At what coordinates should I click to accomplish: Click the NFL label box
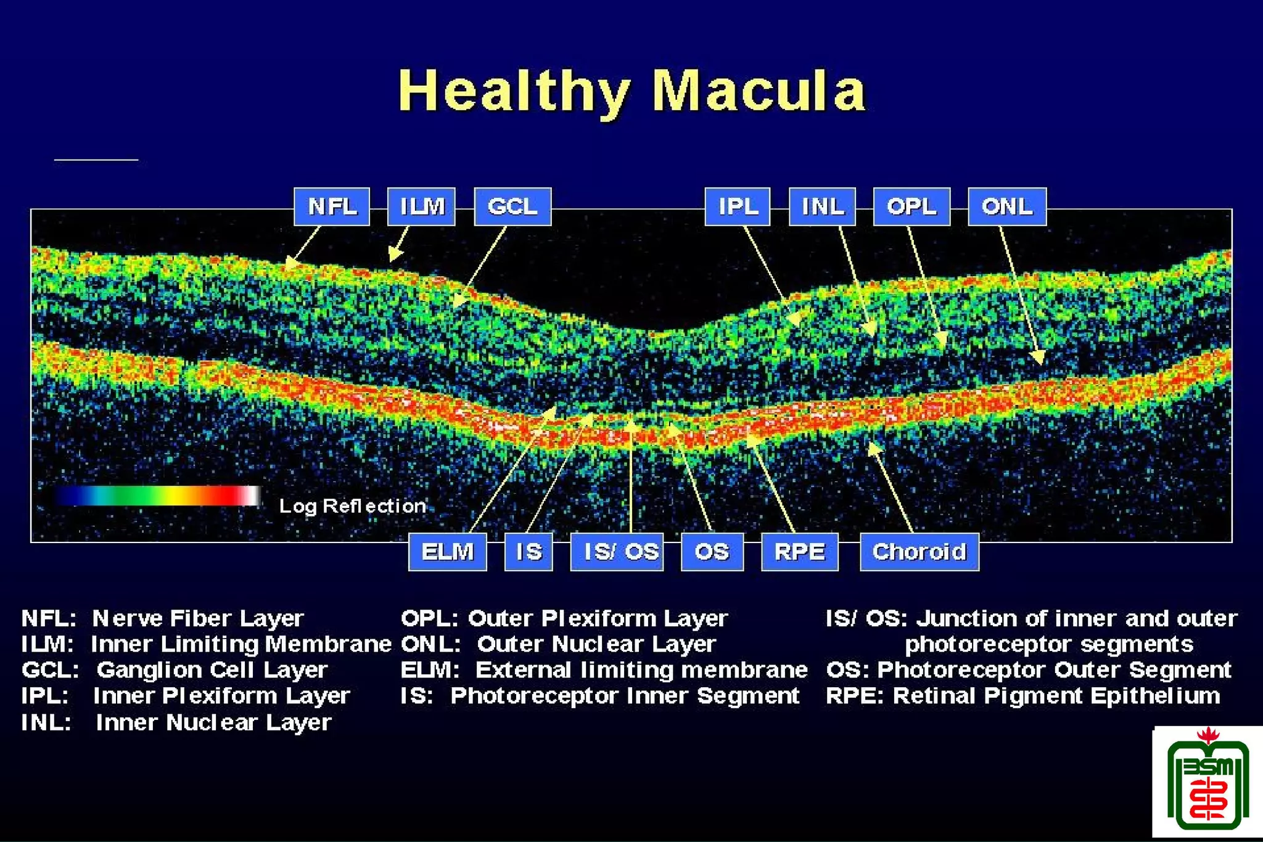332,206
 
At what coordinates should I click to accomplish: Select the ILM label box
421,206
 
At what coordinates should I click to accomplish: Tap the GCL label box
512,206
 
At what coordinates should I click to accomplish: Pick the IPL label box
738,206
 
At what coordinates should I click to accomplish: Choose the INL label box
822,206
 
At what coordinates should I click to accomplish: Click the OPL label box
911,206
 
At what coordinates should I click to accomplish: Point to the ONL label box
1006,206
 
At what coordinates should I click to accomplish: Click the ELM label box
447,552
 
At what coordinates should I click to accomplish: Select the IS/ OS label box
617,552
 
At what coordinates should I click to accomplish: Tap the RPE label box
799,552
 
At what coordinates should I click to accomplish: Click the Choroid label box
919,552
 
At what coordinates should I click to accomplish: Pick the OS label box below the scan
712,552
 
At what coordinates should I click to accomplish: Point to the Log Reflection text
352,506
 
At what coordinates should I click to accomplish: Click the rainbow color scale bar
157,496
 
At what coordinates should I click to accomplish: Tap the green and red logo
1207,783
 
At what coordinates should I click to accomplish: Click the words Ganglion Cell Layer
212,670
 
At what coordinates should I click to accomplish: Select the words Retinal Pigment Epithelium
1056,696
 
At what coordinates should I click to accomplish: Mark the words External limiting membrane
641,670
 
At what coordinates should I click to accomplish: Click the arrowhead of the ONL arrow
1039,358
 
